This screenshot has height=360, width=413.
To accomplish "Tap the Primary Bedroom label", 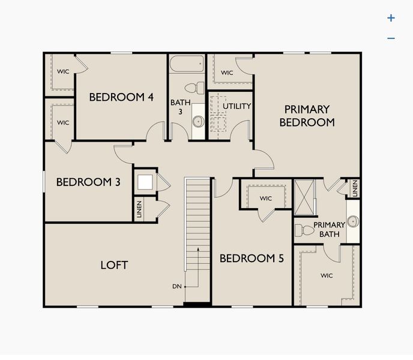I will click(x=307, y=116).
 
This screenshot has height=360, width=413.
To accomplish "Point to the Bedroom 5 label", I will click(x=252, y=259).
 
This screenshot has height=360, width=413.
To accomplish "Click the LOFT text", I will click(x=114, y=265).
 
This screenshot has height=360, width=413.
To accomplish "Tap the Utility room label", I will click(x=237, y=106).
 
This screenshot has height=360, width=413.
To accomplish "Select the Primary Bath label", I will click(x=329, y=229).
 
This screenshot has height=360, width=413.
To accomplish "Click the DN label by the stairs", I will click(x=176, y=286).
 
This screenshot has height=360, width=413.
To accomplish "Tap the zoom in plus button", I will click(x=391, y=18).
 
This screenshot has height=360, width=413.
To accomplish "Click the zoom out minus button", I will click(x=391, y=38).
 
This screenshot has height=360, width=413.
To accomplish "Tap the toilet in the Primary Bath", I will click(x=307, y=229).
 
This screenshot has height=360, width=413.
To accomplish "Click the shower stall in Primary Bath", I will click(x=306, y=196).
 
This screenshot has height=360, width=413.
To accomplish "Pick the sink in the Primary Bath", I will click(x=353, y=221).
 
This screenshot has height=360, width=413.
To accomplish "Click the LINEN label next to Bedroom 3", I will click(x=139, y=210).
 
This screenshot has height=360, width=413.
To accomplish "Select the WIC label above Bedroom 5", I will click(x=266, y=199).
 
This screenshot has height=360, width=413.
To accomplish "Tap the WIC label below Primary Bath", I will click(x=327, y=275).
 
